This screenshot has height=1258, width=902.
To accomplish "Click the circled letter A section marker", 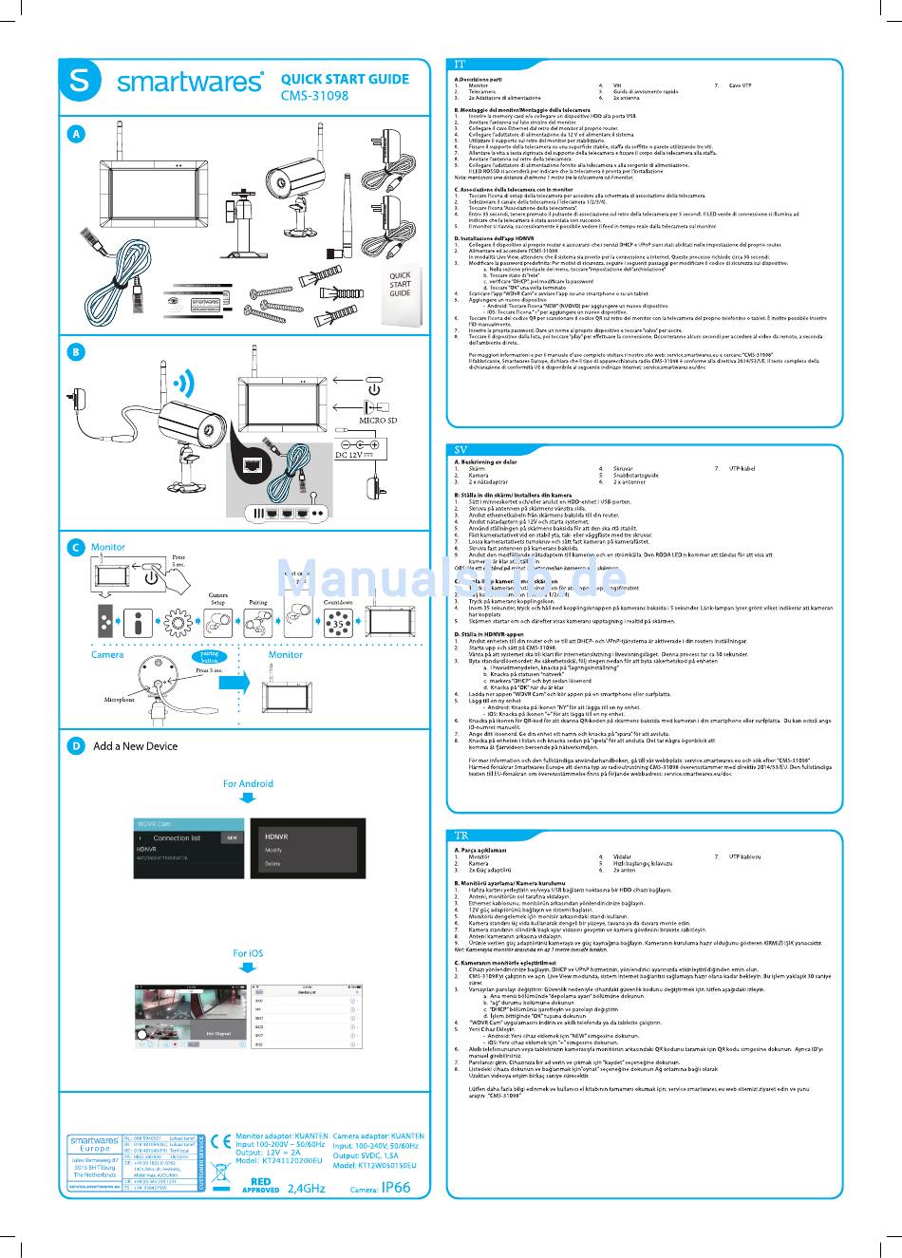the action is (x=76, y=135).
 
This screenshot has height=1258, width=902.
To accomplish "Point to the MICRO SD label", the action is (x=377, y=420).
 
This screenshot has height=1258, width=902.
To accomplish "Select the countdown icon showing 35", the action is (x=338, y=624).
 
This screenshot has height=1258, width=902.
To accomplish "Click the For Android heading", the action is (x=248, y=783).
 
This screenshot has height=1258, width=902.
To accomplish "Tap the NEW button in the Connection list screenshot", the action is (x=232, y=838).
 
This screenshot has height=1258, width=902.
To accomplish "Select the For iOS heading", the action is (x=248, y=953).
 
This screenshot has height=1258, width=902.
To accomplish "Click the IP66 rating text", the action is (x=396, y=1188).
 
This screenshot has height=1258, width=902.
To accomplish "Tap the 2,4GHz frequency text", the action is (x=306, y=1188).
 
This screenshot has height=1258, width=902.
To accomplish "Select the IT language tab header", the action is (x=460, y=65).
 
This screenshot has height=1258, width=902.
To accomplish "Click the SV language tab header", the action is (x=461, y=449).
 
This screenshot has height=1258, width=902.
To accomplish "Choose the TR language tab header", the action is (x=461, y=836).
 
